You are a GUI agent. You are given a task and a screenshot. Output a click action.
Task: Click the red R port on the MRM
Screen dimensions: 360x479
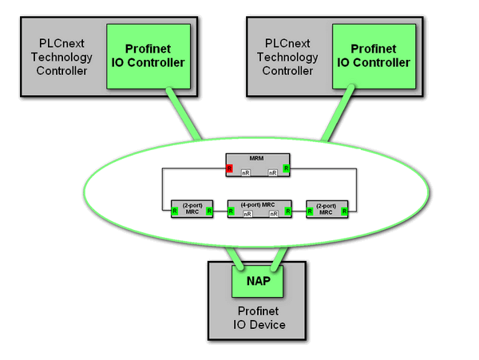[x=229, y=169]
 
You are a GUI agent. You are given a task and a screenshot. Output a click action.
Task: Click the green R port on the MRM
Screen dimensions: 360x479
[x=285, y=169]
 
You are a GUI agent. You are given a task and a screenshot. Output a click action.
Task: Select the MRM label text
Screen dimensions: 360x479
[x=257, y=158]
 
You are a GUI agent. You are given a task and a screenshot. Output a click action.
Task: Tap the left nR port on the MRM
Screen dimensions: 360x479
[x=247, y=172]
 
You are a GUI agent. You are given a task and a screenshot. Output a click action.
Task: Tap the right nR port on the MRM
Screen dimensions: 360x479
[x=272, y=172]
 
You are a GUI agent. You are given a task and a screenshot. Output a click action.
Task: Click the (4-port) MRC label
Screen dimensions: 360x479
[x=256, y=204]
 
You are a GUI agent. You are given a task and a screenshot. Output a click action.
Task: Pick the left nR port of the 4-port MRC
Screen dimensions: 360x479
[x=247, y=213]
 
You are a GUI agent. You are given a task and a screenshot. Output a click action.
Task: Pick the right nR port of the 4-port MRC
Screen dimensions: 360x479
[x=274, y=213]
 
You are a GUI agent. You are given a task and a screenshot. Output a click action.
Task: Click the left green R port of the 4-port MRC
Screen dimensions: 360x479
[x=231, y=212]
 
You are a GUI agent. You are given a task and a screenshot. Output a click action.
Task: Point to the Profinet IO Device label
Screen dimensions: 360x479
[x=256, y=318]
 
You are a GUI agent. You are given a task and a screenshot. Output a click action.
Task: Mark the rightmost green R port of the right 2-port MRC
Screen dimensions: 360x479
[x=344, y=212]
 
